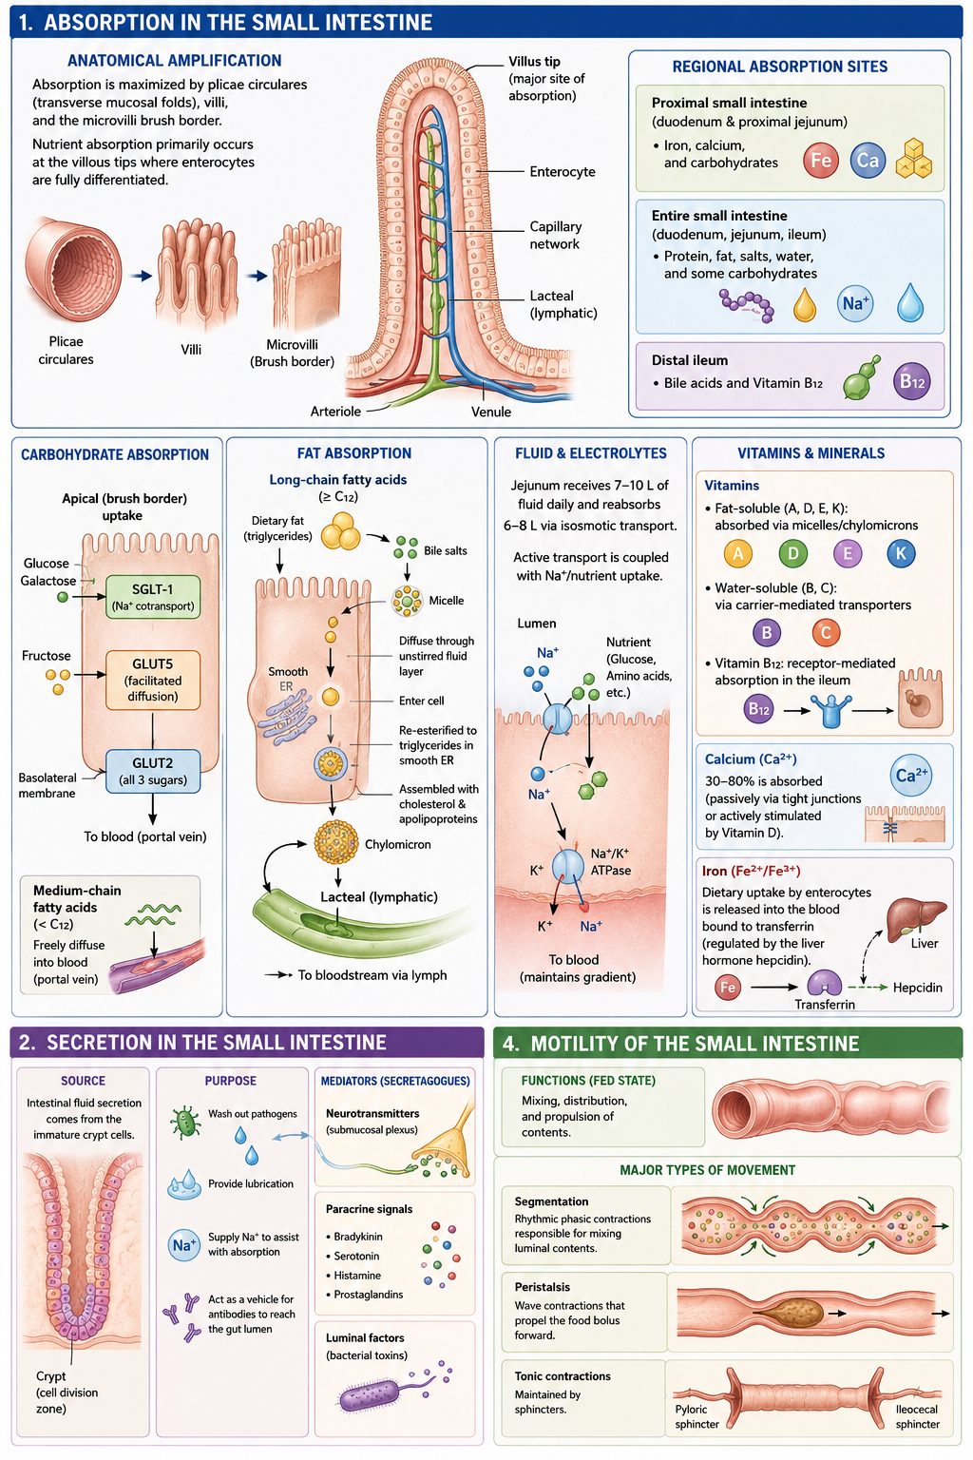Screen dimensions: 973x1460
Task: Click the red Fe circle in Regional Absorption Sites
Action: (x=821, y=161)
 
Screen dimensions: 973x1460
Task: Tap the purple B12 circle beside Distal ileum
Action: (x=911, y=381)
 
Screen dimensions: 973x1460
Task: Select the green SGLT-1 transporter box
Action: (x=152, y=596)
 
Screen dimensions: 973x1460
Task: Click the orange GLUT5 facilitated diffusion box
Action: (x=152, y=680)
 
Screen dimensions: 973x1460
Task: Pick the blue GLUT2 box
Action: (x=152, y=771)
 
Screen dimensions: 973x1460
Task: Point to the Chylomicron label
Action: (x=397, y=844)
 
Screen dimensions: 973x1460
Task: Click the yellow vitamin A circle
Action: (x=737, y=554)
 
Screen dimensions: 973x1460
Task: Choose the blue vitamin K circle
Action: (x=901, y=554)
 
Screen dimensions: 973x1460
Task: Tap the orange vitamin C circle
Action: (x=826, y=632)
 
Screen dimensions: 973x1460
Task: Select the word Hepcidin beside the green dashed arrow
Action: (x=918, y=988)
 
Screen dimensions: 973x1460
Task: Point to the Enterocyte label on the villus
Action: (x=563, y=171)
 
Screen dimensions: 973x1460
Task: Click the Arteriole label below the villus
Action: (x=335, y=412)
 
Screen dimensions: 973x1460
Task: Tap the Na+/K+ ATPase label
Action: (x=611, y=862)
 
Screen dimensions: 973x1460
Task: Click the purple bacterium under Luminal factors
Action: (x=369, y=1395)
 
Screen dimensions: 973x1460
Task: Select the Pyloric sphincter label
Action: (x=696, y=1417)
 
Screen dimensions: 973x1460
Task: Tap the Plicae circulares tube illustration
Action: (x=73, y=270)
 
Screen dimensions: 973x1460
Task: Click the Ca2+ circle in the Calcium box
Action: (x=910, y=775)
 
